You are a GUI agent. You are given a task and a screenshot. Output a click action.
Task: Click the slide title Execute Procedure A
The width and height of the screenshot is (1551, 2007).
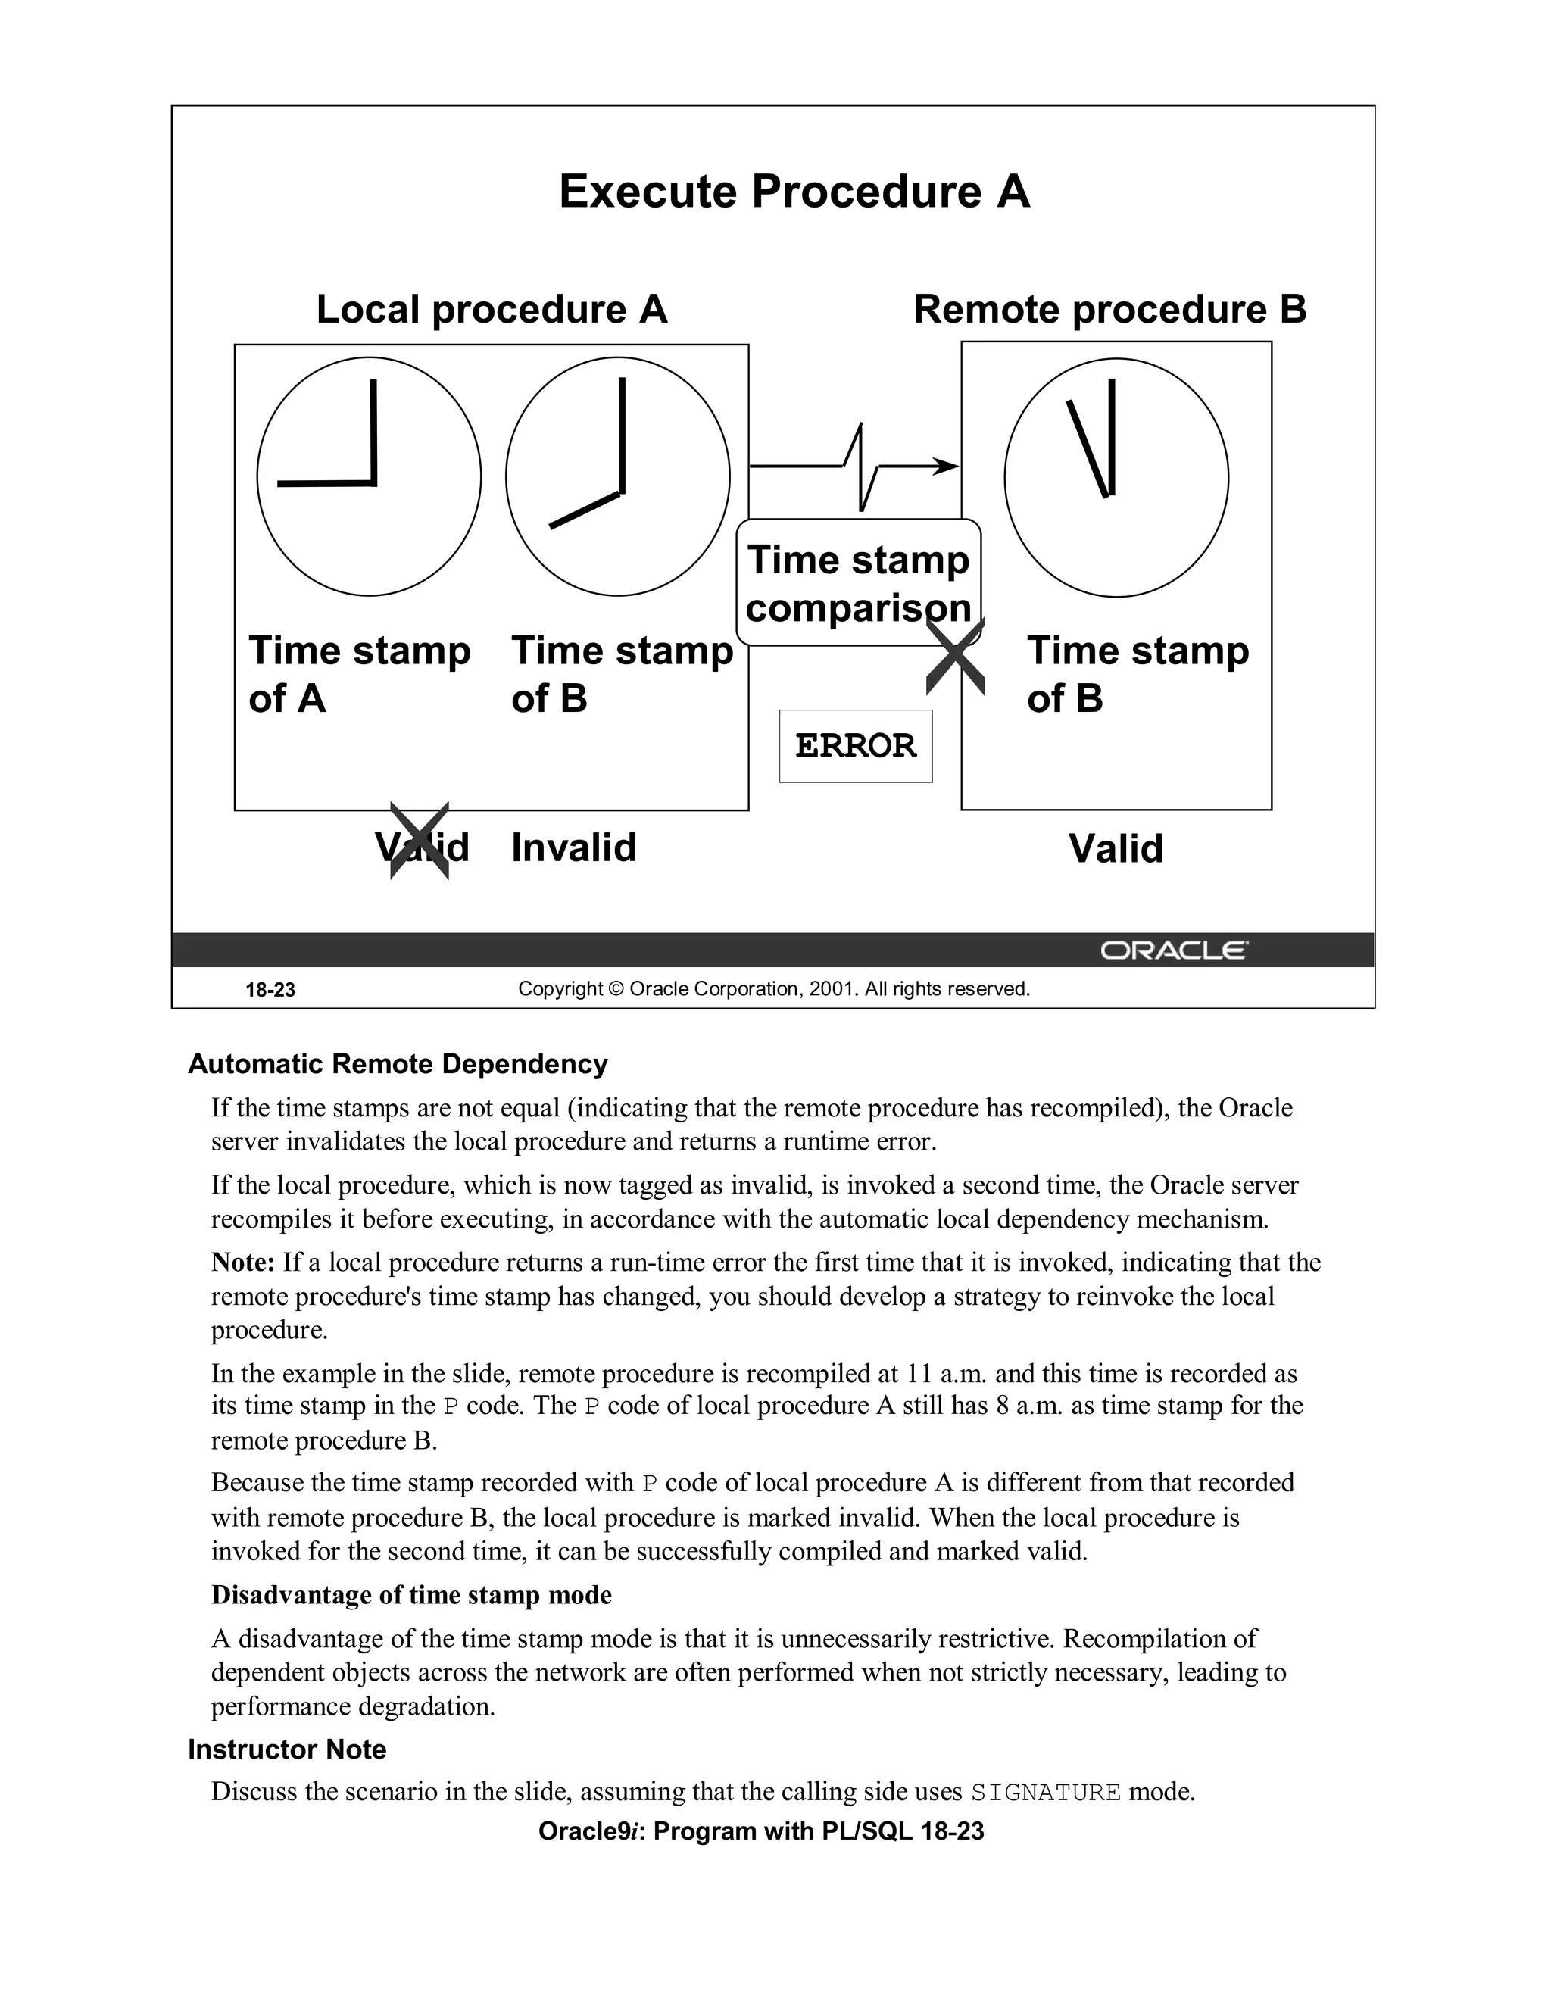pyautogui.click(x=794, y=192)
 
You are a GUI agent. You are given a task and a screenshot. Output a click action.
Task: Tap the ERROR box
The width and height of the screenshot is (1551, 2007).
pyautogui.click(x=856, y=745)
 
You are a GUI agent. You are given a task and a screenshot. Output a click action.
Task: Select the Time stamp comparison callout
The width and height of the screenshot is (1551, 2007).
pyautogui.click(x=857, y=582)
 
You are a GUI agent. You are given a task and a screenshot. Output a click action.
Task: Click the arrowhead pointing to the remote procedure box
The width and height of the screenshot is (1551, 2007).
pyautogui.click(x=947, y=466)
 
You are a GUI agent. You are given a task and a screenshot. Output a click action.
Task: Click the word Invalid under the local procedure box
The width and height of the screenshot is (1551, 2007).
pyautogui.click(x=573, y=847)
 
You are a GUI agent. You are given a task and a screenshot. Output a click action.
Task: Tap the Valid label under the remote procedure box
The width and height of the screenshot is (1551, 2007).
pyautogui.click(x=1115, y=847)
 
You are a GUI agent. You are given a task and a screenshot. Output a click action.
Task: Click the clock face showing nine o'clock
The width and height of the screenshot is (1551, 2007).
pyautogui.click(x=369, y=476)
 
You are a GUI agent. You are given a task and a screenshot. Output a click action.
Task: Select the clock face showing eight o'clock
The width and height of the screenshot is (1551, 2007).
pyautogui.click(x=617, y=476)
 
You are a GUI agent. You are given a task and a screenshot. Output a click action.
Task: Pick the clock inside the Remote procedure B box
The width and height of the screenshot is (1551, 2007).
pyautogui.click(x=1116, y=477)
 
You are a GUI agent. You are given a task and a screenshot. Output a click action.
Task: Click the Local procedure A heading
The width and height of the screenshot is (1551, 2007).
pyautogui.click(x=492, y=309)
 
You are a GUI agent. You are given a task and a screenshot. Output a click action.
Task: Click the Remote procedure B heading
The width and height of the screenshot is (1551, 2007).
pyautogui.click(x=1109, y=309)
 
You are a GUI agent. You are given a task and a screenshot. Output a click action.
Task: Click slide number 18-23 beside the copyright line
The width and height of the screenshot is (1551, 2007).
pyautogui.click(x=270, y=990)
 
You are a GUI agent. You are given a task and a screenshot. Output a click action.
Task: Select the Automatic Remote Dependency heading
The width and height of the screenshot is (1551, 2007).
pyautogui.click(x=397, y=1063)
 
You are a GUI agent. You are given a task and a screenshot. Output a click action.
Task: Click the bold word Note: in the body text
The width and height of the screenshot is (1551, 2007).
pyautogui.click(x=242, y=1262)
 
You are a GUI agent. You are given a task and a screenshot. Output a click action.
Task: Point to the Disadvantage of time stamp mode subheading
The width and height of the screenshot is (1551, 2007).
pyautogui.click(x=410, y=1594)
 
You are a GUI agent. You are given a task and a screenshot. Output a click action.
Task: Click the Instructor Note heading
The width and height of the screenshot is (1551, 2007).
pyautogui.click(x=287, y=1749)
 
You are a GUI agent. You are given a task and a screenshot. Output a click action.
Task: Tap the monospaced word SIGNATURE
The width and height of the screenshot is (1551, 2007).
pyautogui.click(x=1046, y=1792)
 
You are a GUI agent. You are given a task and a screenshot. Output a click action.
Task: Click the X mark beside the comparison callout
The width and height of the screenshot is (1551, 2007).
pyautogui.click(x=955, y=656)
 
